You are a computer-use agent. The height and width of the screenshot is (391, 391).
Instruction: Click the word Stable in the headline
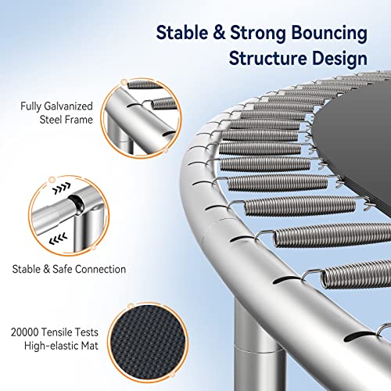[x=182, y=32]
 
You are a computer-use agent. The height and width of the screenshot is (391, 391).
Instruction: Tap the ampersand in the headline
[x=219, y=32]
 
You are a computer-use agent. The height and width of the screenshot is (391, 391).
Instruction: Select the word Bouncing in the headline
[x=329, y=34]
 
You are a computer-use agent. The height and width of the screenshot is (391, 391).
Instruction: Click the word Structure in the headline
[x=267, y=58]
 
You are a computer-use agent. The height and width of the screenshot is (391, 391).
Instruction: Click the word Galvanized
[x=68, y=106]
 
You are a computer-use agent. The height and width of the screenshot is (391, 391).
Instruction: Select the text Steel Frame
[x=66, y=120]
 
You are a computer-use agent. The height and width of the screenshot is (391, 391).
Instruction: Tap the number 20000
[x=24, y=332]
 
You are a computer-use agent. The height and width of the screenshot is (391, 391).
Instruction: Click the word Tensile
[x=53, y=332]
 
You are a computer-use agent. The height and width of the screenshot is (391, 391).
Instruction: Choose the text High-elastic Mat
[x=61, y=346]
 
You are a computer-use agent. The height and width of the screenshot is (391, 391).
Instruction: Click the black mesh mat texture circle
[x=148, y=343]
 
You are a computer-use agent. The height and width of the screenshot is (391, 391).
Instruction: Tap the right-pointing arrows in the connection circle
[x=62, y=188]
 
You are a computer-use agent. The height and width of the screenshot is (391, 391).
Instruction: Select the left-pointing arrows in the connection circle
[x=58, y=239]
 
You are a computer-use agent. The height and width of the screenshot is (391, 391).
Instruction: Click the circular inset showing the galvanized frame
[x=141, y=118]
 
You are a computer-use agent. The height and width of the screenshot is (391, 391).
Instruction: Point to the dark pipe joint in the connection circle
[x=77, y=206]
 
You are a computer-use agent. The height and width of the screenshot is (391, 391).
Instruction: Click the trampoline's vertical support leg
[x=259, y=346]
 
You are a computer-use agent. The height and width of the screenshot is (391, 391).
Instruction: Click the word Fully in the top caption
[x=30, y=106]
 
